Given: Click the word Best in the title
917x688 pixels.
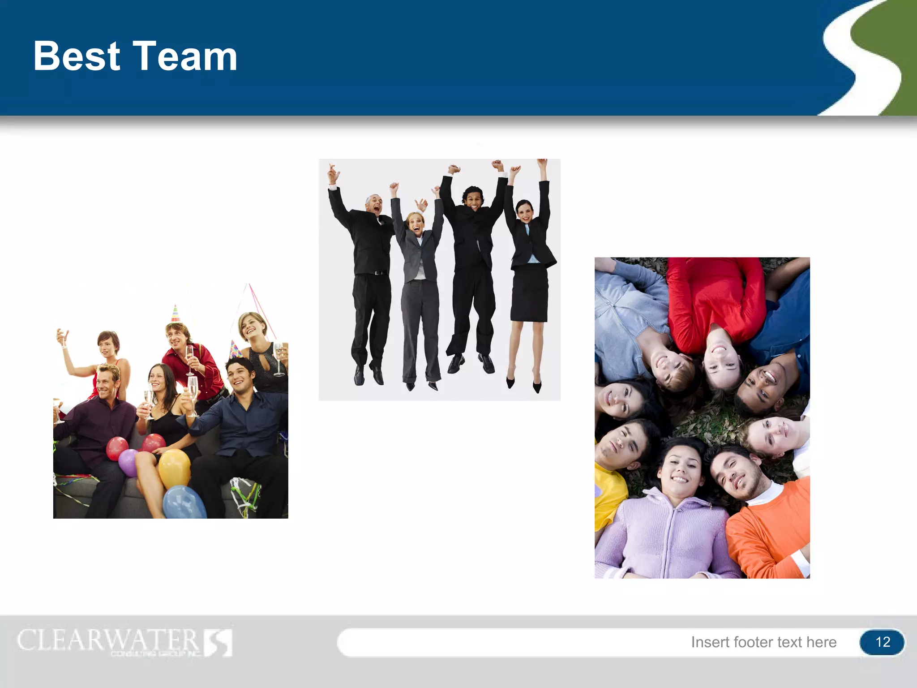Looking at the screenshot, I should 77,56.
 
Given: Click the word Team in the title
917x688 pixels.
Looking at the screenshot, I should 184,56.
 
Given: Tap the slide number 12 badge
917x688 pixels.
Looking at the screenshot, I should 882,642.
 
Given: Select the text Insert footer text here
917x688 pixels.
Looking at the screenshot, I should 763,642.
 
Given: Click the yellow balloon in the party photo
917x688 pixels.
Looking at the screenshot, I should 174,468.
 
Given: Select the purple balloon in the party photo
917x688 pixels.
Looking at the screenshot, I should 129,462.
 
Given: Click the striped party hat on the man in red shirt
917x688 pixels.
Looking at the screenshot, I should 176,314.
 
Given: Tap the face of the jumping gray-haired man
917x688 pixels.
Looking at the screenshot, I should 374,205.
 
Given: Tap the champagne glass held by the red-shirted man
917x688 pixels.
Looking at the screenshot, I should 190,356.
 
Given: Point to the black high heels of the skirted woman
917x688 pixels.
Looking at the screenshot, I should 524,383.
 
